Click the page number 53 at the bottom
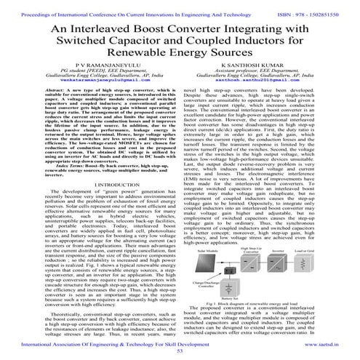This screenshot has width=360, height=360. pos(180,351)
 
